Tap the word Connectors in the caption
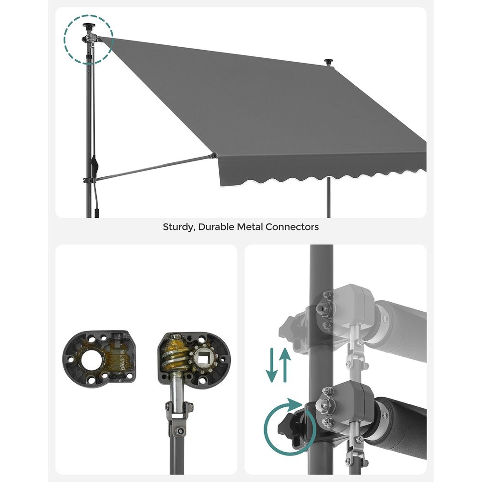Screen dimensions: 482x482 click(292, 227)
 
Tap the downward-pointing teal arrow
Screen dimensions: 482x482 click(272, 365)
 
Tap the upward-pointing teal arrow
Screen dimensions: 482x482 click(285, 365)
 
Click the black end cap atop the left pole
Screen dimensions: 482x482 click(89, 26)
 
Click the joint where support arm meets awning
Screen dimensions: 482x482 click(214, 156)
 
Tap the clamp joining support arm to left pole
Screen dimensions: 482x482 click(90, 180)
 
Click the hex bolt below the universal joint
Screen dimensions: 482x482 click(179, 431)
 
